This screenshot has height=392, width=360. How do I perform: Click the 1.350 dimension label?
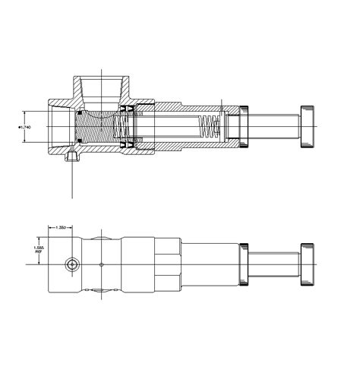pyautogui.click(x=60, y=227)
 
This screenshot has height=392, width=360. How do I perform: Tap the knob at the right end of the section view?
pyautogui.click(x=308, y=125)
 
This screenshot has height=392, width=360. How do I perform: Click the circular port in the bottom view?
pyautogui.click(x=72, y=264)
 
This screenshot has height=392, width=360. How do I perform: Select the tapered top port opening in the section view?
pyautogui.click(x=102, y=87)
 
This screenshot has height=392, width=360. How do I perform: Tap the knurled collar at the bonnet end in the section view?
pyautogui.click(x=244, y=125)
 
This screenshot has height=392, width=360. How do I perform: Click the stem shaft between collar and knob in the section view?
pyautogui.click(x=274, y=125)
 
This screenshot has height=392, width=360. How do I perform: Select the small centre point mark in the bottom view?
pyautogui.click(x=101, y=264)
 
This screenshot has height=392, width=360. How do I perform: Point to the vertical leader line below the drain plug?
pyautogui.click(x=73, y=182)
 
